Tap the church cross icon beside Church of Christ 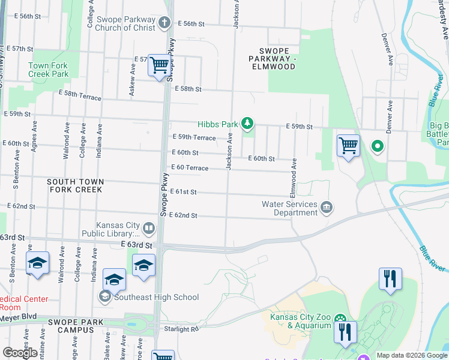point(165,23)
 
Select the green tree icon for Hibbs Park point(247,124)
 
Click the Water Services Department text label point(289,208)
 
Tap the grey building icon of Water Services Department point(327,208)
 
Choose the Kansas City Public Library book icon point(149,228)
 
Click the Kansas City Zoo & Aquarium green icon point(340,318)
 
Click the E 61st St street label point(184,191)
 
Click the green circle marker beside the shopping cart point(377,146)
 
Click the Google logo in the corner point(20,353)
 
